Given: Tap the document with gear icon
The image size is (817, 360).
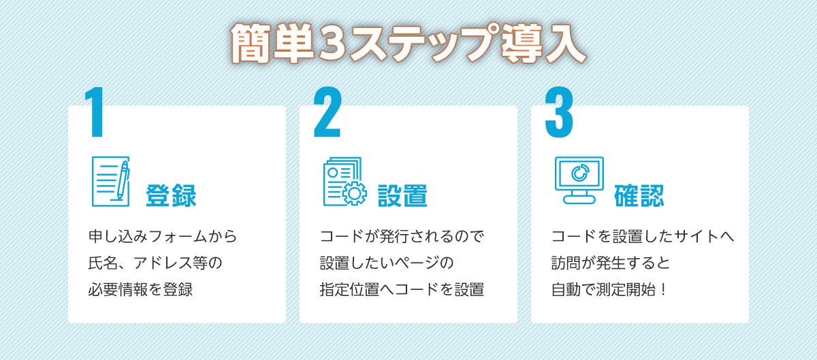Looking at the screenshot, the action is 344,182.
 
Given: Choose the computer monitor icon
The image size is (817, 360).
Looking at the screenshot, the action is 579,178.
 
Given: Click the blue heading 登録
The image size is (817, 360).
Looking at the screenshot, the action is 171,196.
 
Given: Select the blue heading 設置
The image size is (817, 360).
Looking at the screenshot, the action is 402,196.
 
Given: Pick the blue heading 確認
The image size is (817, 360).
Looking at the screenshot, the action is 639,196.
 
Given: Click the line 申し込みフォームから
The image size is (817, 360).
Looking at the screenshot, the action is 163,237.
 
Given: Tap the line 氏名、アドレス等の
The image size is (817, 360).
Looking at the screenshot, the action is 156,263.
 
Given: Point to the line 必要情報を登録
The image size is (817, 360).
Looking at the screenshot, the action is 141,289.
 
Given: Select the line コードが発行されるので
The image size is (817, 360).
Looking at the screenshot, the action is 402,237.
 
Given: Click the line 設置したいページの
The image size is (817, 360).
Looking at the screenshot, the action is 387,263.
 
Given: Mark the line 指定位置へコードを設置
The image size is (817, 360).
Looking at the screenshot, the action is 402,289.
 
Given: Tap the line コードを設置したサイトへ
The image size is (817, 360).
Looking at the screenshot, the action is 642,237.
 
